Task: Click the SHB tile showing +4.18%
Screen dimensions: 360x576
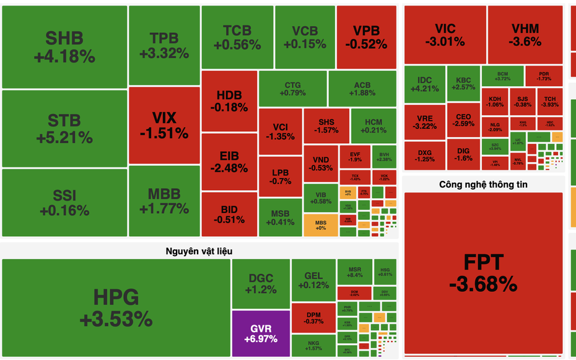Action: (x=64, y=47)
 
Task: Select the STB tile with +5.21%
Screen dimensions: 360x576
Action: (x=64, y=128)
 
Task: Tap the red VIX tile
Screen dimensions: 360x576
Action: (x=164, y=125)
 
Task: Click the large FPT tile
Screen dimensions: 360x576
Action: (x=483, y=273)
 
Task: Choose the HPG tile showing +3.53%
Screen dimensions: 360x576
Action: (x=116, y=308)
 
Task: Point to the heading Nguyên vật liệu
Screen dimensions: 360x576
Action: (x=199, y=250)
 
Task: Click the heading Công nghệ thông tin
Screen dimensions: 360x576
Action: (x=483, y=184)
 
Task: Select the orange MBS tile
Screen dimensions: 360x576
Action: (x=320, y=224)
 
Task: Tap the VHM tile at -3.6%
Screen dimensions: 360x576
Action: (x=525, y=35)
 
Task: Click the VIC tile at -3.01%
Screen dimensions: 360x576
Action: (x=444, y=35)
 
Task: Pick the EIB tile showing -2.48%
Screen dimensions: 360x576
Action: (x=229, y=162)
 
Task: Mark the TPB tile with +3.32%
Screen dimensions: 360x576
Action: (x=164, y=46)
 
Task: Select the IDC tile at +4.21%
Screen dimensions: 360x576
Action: (x=424, y=85)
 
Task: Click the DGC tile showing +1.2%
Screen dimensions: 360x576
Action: (x=261, y=284)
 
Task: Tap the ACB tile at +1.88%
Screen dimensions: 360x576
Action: (x=362, y=89)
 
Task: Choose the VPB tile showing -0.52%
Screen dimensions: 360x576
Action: (x=366, y=37)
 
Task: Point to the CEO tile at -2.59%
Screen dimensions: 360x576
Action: (x=463, y=120)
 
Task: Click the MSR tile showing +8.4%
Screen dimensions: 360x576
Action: (x=354, y=272)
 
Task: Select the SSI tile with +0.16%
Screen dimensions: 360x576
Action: (x=64, y=203)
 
